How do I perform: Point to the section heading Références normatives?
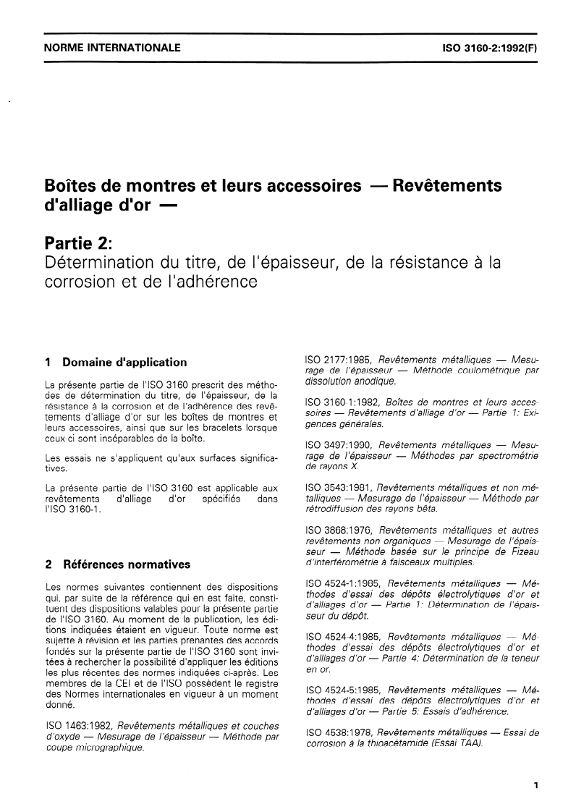127,564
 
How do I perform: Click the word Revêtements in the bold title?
446,185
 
